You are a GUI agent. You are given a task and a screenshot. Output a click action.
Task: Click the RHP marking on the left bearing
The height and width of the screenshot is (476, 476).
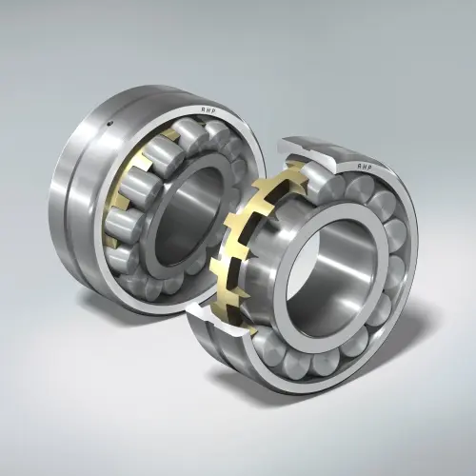[x=208, y=109]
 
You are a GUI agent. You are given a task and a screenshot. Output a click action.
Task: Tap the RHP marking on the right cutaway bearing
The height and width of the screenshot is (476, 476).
[x=365, y=167]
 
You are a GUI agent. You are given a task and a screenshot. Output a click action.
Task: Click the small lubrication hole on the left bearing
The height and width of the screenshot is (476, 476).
[x=109, y=124]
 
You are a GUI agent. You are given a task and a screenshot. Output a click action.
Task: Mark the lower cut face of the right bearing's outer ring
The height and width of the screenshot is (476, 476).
[x=219, y=322]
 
